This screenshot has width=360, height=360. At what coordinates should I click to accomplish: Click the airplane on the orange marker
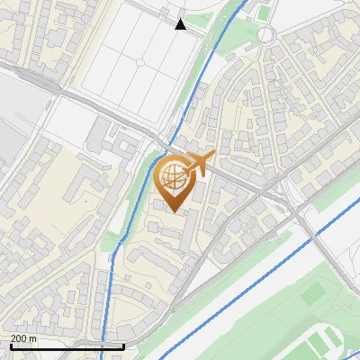pos(200,165)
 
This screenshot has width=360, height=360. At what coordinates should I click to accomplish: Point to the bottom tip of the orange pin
pos(174,212)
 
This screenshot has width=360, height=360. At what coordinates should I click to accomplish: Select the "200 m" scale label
pos(23,337)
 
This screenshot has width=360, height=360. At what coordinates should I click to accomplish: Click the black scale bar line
pos(67,346)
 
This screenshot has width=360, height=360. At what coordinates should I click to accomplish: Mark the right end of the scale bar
pos(123,346)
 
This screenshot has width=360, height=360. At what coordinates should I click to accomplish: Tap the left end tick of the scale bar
pos(10,346)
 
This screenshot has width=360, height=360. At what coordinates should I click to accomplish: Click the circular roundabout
pos(265,35)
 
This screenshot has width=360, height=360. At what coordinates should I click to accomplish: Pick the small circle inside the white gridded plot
pos(141,61)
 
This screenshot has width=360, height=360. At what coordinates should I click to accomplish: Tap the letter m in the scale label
pos(33,337)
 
